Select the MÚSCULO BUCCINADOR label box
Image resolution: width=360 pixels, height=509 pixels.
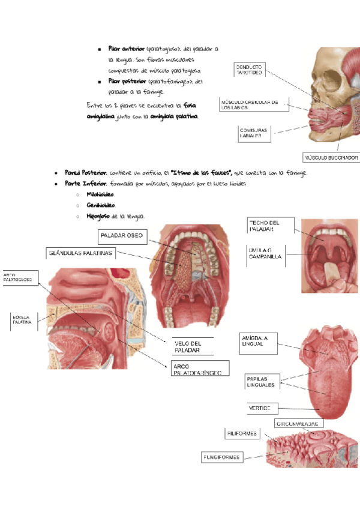pos(331,158)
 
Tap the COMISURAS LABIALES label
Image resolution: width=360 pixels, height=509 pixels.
pos(253,133)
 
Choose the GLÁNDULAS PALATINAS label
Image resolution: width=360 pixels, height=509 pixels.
pos(80,254)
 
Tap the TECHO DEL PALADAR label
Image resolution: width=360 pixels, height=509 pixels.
pos(269,226)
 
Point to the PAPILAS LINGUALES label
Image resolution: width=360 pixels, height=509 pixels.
pos(262,382)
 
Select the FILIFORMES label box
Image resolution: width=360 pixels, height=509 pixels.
pos(242,433)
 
